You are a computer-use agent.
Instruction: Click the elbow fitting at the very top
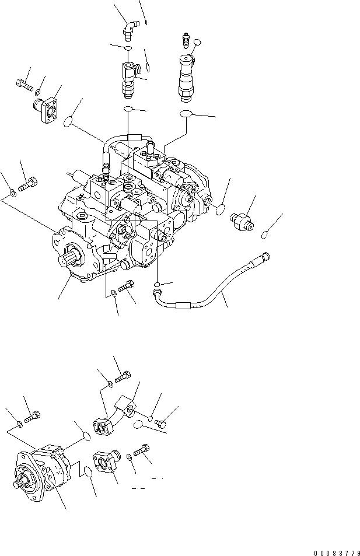tap(128, 29)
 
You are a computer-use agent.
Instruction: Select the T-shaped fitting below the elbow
tap(128, 78)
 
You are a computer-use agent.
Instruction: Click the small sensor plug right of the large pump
tap(242, 221)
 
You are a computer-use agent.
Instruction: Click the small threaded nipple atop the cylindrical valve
tap(185, 41)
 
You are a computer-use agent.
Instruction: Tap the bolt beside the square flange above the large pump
tap(24, 85)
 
